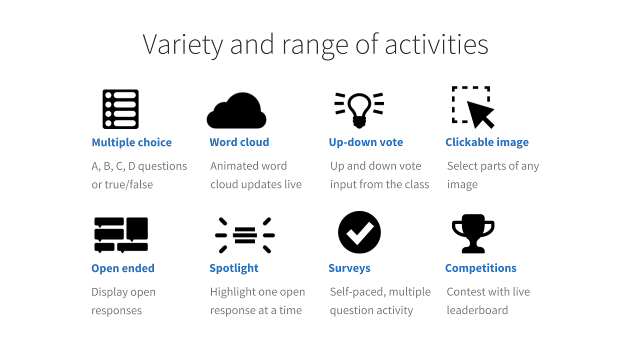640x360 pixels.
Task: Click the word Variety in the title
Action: [183, 45]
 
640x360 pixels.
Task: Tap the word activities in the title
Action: [436, 44]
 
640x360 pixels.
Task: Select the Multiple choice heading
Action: [131, 142]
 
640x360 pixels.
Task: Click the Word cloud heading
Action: [239, 142]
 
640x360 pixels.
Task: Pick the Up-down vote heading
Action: [365, 142]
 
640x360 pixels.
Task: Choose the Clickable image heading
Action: [487, 142]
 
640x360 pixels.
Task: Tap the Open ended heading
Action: [123, 268]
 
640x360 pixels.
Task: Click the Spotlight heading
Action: [233, 268]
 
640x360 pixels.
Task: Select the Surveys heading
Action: [349, 268]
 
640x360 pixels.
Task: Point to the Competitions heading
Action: [480, 268]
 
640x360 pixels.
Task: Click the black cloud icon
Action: [236, 110]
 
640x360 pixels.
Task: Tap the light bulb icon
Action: [359, 110]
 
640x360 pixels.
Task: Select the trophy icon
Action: [473, 233]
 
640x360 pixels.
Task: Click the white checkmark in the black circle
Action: [359, 233]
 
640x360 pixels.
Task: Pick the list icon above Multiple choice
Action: [120, 109]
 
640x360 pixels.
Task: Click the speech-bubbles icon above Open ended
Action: [121, 235]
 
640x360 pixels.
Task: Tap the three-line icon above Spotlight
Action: [245, 235]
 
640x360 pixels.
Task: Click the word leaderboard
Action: [477, 310]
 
